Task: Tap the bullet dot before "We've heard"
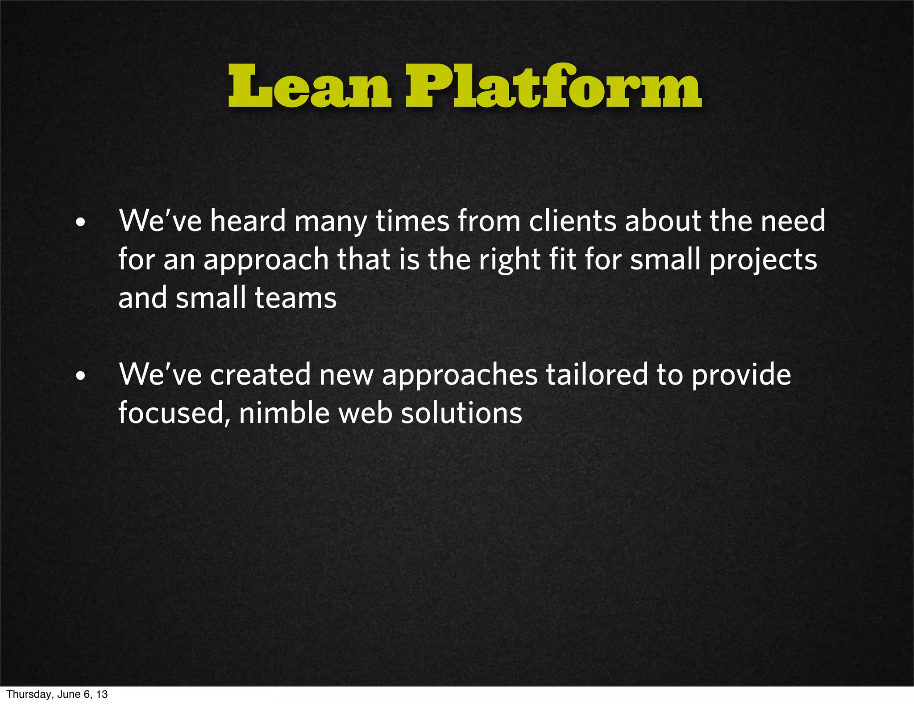coord(80,222)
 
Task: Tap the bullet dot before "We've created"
coord(80,376)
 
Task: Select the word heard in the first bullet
coord(248,221)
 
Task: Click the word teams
coord(295,298)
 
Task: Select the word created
coord(260,374)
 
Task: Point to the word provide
coord(741,374)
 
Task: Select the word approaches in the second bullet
coord(460,375)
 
